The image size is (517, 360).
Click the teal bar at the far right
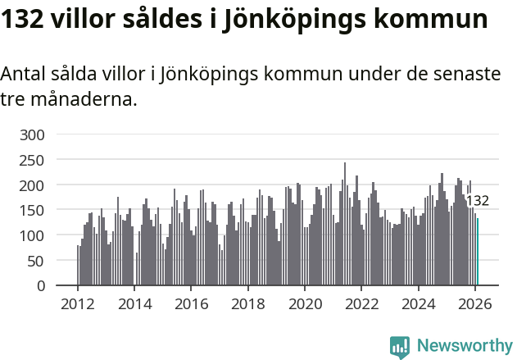pos(478,252)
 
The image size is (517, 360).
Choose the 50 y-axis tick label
pos(39,261)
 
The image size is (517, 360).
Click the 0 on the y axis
pos(43,286)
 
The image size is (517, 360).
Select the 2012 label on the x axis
pos(78,303)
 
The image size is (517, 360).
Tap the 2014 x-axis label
pos(134,303)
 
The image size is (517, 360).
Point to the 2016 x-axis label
pos(191,303)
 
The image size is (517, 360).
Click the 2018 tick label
pos(247,303)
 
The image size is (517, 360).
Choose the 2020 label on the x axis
pos(305,303)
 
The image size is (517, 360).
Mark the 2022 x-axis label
pos(361,303)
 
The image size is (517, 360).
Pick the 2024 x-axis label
pos(418,303)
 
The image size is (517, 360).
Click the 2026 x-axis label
pos(474,303)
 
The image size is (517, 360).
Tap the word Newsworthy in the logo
pos(465,345)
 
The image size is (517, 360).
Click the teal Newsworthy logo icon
pos(400,347)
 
